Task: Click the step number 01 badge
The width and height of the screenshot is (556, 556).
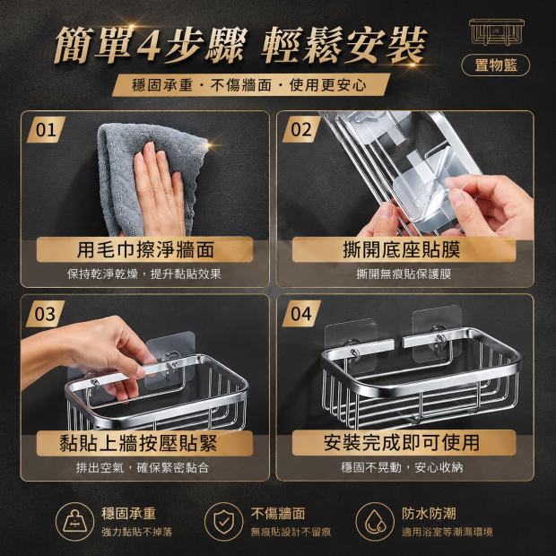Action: [46, 130]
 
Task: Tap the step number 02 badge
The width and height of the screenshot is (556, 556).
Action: [301, 130]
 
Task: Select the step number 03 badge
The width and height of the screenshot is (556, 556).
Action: [46, 314]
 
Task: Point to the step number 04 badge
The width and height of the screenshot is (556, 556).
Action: [301, 314]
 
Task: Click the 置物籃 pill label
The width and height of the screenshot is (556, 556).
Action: [495, 65]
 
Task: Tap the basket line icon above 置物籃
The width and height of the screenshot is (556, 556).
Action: [497, 32]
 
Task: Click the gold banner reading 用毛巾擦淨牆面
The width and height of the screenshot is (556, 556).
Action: [144, 249]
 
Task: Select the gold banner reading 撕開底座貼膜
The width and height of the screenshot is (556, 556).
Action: [404, 249]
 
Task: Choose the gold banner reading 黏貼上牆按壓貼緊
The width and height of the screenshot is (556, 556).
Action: [144, 443]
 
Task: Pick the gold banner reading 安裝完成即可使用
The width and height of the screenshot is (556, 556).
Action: [404, 442]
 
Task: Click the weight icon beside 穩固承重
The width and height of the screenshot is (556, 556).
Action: [74, 522]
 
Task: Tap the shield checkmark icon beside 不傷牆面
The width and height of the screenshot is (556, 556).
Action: [224, 522]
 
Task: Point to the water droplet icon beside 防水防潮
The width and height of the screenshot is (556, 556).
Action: [375, 522]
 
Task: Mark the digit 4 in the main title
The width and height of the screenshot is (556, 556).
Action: [149, 46]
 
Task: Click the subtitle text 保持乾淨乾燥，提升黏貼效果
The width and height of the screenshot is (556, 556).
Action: [144, 274]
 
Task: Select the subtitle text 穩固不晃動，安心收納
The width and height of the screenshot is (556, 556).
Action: [402, 467]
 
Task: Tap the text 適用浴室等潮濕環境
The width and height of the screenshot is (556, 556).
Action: [447, 532]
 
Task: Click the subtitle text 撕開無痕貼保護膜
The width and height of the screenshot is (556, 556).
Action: [404, 274]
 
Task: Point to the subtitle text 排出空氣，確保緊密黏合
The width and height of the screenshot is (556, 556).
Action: [143, 467]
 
